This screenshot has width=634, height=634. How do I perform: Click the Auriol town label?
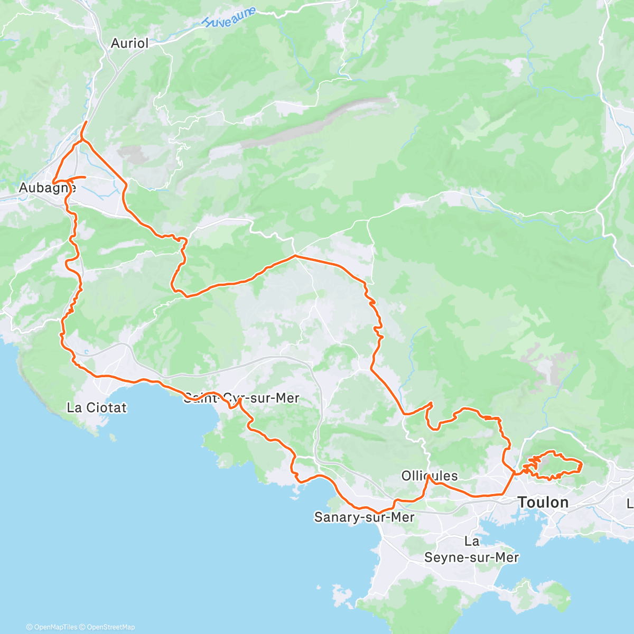click(x=130, y=43)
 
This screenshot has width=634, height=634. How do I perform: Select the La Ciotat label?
click(x=97, y=407)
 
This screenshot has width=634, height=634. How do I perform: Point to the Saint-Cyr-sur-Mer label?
click(x=241, y=398)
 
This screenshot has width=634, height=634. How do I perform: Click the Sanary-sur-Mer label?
click(x=364, y=517)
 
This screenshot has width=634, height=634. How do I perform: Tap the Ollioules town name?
click(x=430, y=476)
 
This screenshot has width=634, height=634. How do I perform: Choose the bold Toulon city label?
click(x=543, y=502)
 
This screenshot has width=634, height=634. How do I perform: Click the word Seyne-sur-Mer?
click(x=472, y=557)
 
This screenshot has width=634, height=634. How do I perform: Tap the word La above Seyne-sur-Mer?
click(x=472, y=541)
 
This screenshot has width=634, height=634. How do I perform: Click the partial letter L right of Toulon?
click(x=630, y=503)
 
